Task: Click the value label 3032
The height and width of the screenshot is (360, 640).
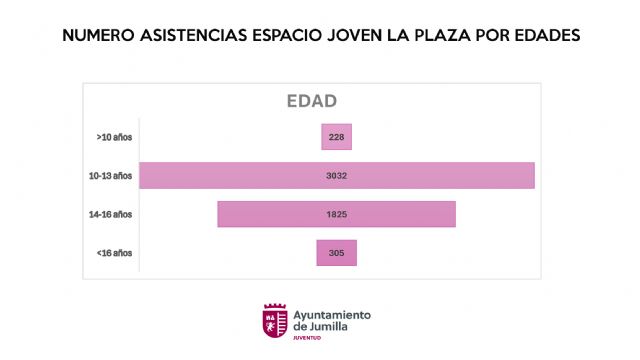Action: coord(336,175)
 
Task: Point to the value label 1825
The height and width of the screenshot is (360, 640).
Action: coord(336,214)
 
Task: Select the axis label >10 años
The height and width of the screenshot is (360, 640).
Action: coord(113,137)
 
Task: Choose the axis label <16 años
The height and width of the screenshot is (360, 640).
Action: coord(113,253)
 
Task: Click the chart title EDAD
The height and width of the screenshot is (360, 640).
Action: coord(311,101)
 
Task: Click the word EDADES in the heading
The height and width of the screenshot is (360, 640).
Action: coord(547,35)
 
